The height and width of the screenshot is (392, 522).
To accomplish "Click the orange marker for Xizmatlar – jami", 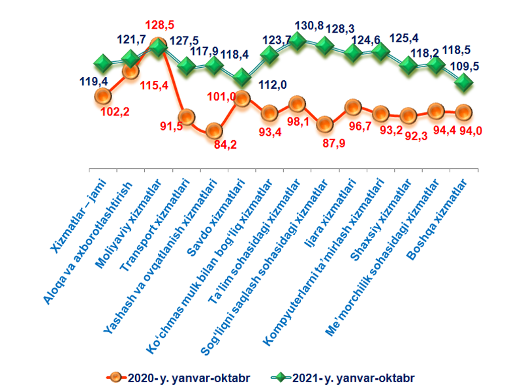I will click(102, 97).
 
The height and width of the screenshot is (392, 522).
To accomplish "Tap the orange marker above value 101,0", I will click(241, 98).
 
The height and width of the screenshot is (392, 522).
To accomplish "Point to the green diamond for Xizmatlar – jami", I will click(102, 63).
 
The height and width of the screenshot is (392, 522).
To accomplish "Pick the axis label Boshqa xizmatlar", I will click(443, 215).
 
